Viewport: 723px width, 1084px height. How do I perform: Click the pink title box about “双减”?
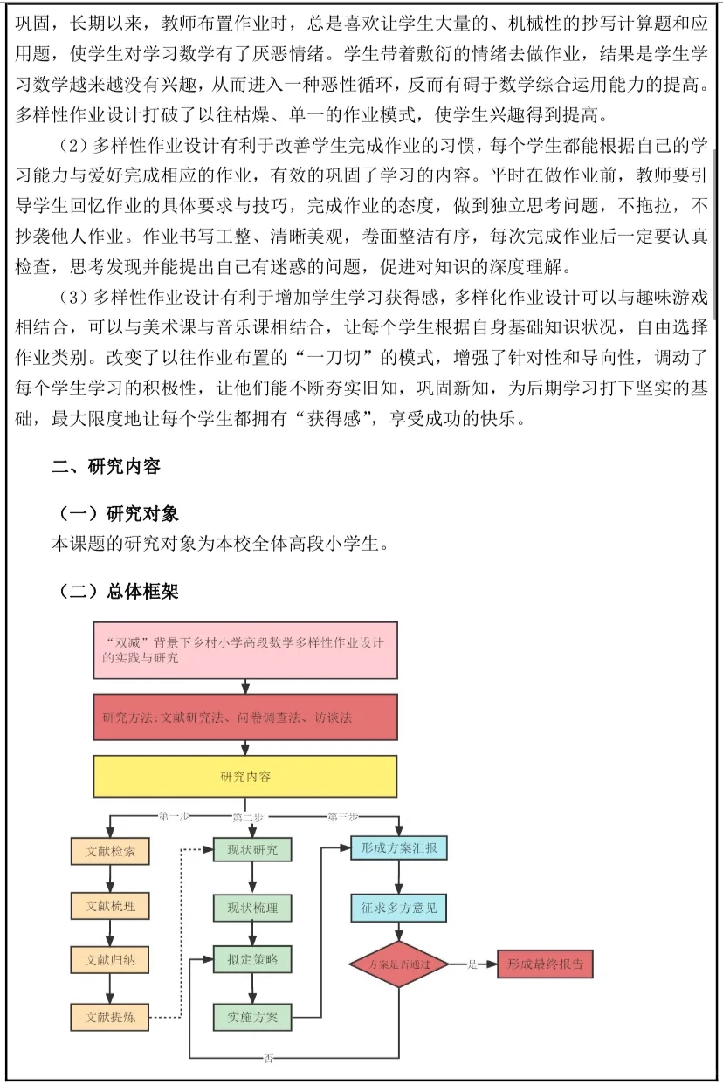pos(244,650)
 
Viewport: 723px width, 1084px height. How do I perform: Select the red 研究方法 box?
pos(244,717)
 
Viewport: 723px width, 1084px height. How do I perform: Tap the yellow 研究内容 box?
pos(244,776)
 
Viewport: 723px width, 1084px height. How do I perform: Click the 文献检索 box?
pos(110,851)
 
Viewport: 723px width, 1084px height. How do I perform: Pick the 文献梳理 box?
pos(110,907)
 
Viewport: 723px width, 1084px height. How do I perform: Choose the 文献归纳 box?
pos(110,961)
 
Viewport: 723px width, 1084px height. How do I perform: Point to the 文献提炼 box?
pos(110,1017)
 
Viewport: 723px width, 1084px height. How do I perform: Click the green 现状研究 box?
pos(252,849)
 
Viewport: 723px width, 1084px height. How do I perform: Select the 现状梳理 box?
pos(252,908)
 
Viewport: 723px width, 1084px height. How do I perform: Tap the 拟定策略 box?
pos(252,960)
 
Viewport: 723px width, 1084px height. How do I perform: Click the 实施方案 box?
pos(252,1017)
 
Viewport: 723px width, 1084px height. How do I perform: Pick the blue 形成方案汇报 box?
pos(399,848)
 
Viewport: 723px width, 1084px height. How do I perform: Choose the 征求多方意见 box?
pos(399,908)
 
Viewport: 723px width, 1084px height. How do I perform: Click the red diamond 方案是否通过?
pos(399,964)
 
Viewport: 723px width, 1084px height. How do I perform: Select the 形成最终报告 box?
pos(545,964)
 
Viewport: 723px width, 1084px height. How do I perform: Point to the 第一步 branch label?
pos(174,817)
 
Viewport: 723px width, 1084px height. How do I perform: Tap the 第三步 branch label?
pos(342,817)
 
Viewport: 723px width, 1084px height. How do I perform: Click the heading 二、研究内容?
pos(106,467)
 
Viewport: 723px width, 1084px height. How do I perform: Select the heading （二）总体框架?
pos(119,592)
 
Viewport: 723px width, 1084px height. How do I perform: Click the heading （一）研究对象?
pos(119,513)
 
